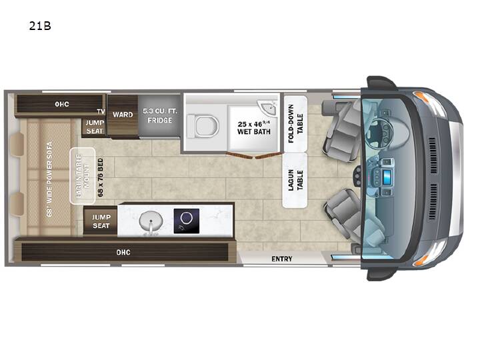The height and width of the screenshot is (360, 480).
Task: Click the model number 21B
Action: pos(40,26)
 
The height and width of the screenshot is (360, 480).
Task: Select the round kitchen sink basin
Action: pos(151,221)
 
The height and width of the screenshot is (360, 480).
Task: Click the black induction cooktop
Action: pos(187,221)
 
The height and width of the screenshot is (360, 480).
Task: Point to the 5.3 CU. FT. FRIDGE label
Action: pos(160,116)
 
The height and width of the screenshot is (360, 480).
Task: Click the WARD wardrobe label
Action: pos(123,115)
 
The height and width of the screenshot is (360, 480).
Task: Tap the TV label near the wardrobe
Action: pos(101,111)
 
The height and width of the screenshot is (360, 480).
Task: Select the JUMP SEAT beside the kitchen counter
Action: pos(101,221)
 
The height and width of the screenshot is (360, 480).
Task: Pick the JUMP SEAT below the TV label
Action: pos(95,127)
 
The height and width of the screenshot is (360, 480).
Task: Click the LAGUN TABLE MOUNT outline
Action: pos(83,176)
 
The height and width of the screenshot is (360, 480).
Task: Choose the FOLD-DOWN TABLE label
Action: pos(295,124)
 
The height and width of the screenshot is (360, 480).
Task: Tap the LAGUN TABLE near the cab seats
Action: pos(295,180)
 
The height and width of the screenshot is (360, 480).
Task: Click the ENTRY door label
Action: pos(282,259)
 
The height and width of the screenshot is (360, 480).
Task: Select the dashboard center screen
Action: pos(387,177)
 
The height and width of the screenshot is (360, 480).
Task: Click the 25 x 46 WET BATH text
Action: pos(254,127)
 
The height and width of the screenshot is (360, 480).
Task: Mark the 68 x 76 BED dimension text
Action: pos(101,177)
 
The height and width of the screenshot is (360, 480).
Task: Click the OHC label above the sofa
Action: pos(62,104)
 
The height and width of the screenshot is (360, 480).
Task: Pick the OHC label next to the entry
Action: pos(123,252)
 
